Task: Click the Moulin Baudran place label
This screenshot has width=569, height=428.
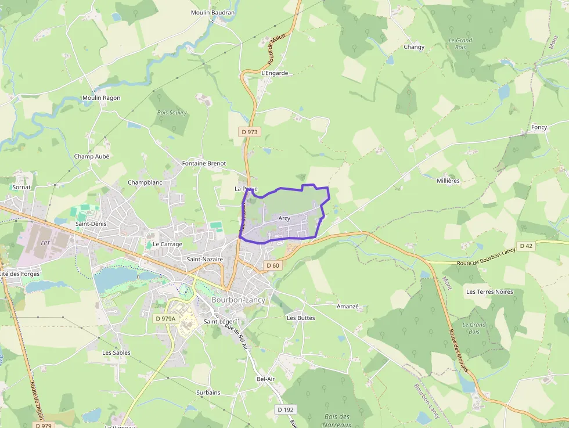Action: pos(213,12)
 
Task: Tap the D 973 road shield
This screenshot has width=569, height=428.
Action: pos(250,132)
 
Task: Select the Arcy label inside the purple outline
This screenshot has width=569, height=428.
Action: pos(284,218)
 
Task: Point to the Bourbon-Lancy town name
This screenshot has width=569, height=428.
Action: pos(238,300)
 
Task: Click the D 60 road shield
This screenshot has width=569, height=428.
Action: pos(272,265)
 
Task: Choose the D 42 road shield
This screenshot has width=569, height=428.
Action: pos(526,246)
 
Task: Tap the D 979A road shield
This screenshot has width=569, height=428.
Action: pos(165,319)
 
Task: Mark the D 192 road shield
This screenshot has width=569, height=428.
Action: pos(285,409)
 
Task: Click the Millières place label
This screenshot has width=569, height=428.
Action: pos(448,181)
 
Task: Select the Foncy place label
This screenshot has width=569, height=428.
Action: pos(539,127)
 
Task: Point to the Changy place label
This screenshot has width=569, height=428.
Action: pos(414,47)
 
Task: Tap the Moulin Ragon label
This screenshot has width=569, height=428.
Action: pos(101,98)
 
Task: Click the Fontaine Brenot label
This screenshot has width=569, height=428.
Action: pos(204,163)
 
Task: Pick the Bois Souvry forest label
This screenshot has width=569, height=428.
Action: pos(172,113)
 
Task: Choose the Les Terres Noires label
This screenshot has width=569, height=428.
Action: pos(489,292)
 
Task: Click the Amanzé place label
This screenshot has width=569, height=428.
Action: pos(348,306)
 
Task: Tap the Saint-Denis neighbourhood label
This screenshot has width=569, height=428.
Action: pos(90,223)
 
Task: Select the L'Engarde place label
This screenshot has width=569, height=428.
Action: pos(275,73)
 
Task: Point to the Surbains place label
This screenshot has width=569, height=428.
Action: pos(208,393)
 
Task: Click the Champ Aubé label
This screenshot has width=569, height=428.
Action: pos(92,156)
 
